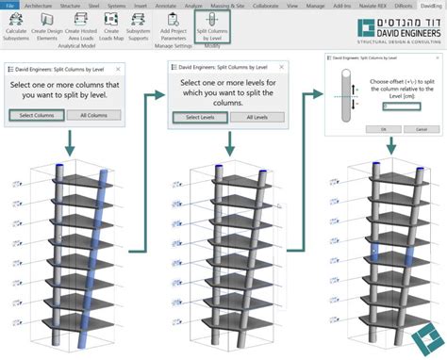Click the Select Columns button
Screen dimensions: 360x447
tap(37, 115)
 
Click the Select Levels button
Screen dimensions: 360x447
tap(199, 116)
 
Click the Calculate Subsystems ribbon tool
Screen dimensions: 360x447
tap(15, 32)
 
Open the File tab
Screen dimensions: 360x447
tap(9, 5)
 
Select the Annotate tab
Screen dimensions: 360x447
tap(167, 5)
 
